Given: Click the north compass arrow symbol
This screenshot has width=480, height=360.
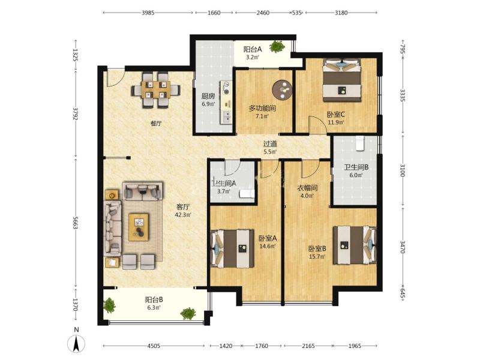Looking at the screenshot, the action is point(76,343).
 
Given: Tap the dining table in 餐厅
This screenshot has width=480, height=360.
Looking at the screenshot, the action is point(156,90).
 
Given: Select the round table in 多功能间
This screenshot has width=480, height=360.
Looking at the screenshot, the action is point(282,89).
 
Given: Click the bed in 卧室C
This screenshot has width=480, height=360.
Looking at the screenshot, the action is point(341,80).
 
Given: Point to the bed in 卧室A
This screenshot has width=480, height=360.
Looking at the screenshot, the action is point(232,248).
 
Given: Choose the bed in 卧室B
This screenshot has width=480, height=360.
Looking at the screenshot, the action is point(355,245).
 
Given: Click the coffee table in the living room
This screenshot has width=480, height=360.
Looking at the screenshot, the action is point(139,227).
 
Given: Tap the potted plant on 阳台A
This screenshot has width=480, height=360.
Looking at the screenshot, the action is point(277,47).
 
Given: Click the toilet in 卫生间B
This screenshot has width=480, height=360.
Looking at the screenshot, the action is point(360,143).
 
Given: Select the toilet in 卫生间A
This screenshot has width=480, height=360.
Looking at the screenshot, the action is point(247,193).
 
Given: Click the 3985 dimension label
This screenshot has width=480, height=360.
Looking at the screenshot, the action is point(148,13).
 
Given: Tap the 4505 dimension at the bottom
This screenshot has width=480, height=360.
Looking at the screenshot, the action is point(154,346).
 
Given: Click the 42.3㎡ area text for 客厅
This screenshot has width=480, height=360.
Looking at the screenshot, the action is point(183,215).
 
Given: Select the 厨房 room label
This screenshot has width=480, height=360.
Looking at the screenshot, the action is point(208,96).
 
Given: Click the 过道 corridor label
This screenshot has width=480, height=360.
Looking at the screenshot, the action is point(271,143).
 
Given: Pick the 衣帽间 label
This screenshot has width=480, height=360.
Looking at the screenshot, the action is point(307,188).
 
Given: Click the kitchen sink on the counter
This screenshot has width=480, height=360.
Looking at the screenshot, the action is point(227,116).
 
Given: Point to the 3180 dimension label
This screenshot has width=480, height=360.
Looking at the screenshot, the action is point(341,13).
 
